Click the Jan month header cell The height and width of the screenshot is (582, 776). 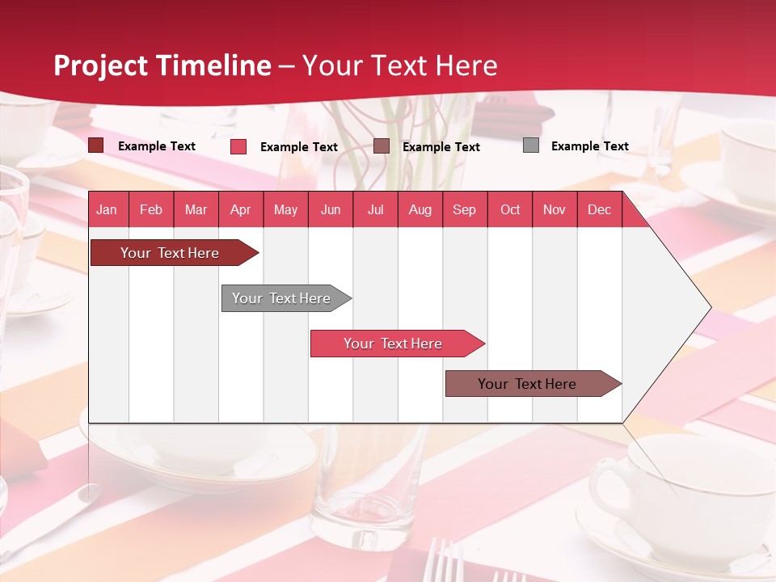pyautogui.click(x=108, y=209)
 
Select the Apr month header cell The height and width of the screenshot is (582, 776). pyautogui.click(x=241, y=209)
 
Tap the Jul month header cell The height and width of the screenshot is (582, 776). pyautogui.click(x=375, y=209)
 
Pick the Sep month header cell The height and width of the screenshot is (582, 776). pyautogui.click(x=465, y=209)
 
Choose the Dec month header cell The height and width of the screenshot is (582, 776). pyautogui.click(x=599, y=209)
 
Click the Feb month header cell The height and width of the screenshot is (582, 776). pyautogui.click(x=151, y=209)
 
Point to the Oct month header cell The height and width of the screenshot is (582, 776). pyautogui.click(x=510, y=209)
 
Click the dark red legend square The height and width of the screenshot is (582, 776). pyautogui.click(x=96, y=145)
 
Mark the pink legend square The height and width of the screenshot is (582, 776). pyautogui.click(x=238, y=146)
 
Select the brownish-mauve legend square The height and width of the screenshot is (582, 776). pyautogui.click(x=382, y=146)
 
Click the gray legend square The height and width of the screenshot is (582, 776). pyautogui.click(x=531, y=145)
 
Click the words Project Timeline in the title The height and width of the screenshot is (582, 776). pyautogui.click(x=162, y=65)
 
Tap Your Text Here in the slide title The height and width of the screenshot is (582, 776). pyautogui.click(x=400, y=65)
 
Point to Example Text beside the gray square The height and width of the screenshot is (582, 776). pyautogui.click(x=589, y=146)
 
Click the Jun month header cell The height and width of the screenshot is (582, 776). pyautogui.click(x=331, y=209)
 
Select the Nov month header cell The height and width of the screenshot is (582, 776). pyautogui.click(x=555, y=209)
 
